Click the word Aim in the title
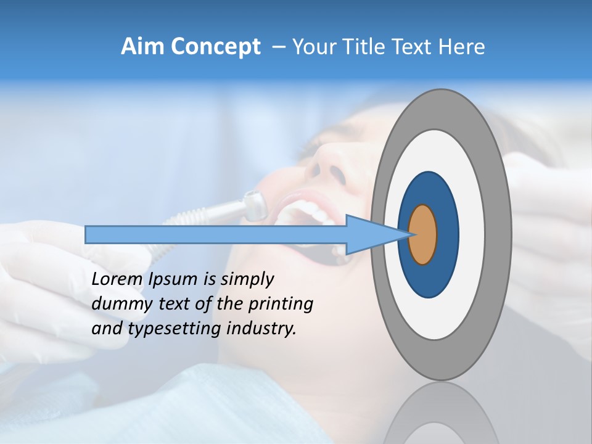[x=142, y=47]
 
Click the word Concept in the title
[x=215, y=47]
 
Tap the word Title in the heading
[x=370, y=47]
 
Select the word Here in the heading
[x=462, y=47]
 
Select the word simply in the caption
[x=247, y=279]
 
